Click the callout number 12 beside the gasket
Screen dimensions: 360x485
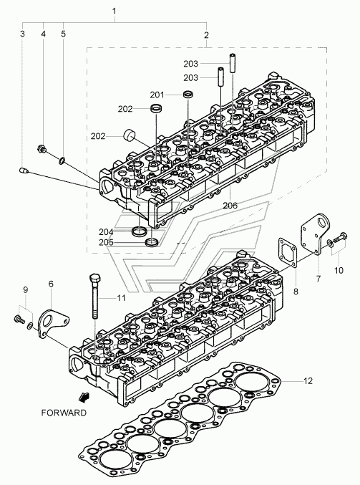[x=308, y=380]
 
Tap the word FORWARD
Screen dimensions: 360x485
[x=64, y=413]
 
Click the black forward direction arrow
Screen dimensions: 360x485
[x=84, y=397]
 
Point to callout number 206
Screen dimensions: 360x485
[x=230, y=206]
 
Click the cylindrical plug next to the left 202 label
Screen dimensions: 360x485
[x=130, y=135]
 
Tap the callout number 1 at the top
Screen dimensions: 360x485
[x=114, y=11]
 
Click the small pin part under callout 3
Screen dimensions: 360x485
[x=24, y=171]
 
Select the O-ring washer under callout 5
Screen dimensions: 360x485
[x=62, y=160]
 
